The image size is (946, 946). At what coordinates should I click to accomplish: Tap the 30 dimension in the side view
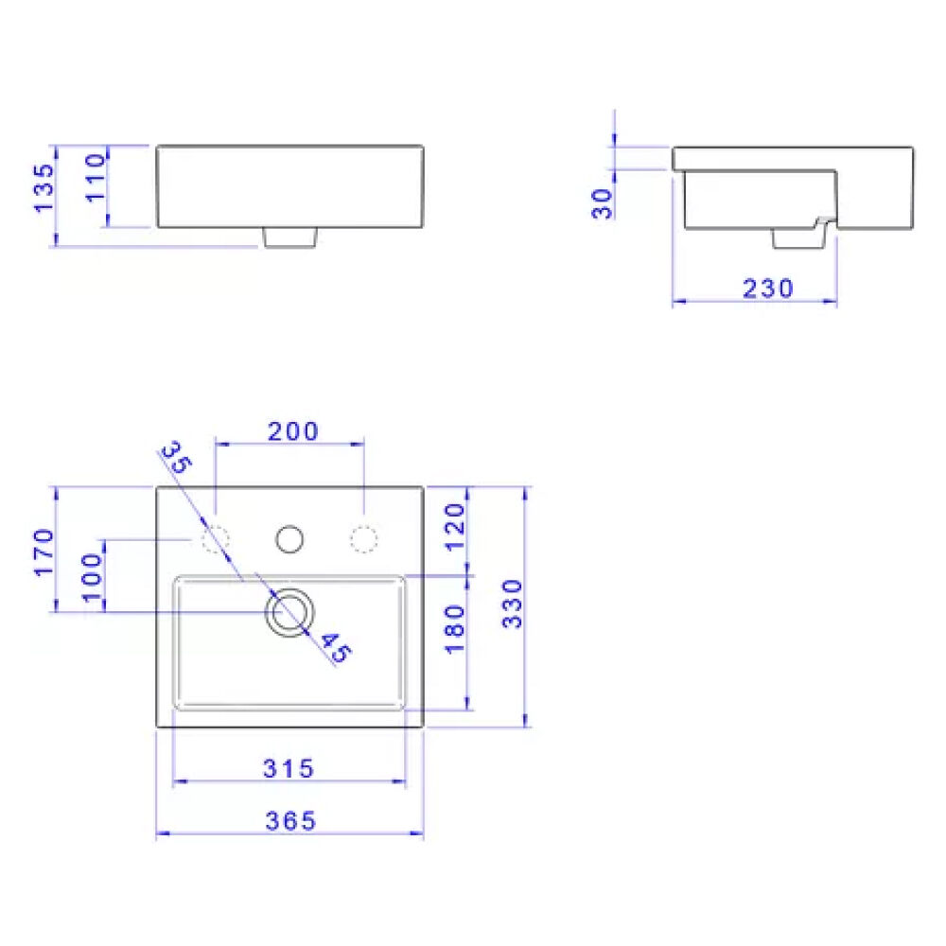coord(603,202)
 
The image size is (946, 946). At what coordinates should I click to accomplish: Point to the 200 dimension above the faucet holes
coord(292,432)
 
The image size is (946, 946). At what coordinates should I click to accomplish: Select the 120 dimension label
coord(455,527)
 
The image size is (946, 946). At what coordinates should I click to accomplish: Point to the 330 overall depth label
coord(512,604)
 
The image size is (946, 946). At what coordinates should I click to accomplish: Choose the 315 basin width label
coord(288,769)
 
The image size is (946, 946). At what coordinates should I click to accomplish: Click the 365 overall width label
coord(289,821)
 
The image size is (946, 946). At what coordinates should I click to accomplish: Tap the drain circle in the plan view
coord(289,611)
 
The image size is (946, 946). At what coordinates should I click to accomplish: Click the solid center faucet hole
coord(290,539)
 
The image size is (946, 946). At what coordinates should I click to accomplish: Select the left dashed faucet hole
coord(216,539)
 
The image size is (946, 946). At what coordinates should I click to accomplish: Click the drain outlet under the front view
coord(289,237)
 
